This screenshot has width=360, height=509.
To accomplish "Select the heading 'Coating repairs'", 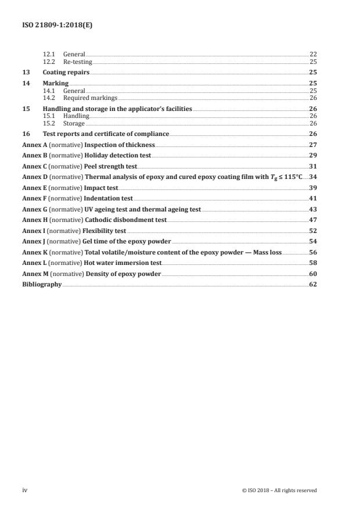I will coord(66,73).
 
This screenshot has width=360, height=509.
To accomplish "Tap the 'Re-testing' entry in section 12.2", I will coord(77,62).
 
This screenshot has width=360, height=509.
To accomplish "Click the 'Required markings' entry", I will coord(90,98).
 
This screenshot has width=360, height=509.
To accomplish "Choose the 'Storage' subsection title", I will coord(74,123).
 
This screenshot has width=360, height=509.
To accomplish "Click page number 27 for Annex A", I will coord(312,144).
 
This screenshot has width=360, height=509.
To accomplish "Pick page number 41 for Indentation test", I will coord(312,198).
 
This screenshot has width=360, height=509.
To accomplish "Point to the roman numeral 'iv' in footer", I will coord(25,490).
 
